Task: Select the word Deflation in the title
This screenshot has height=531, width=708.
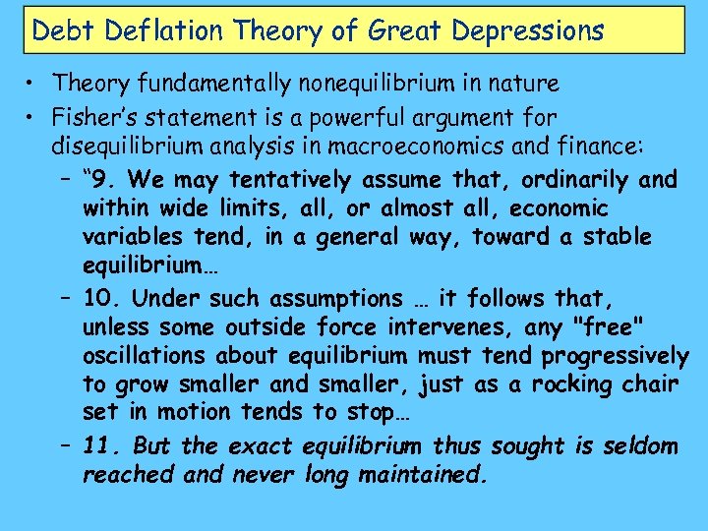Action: pos(143,30)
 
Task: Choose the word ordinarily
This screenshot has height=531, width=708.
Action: pos(565,180)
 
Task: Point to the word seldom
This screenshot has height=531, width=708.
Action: pos(641,446)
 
